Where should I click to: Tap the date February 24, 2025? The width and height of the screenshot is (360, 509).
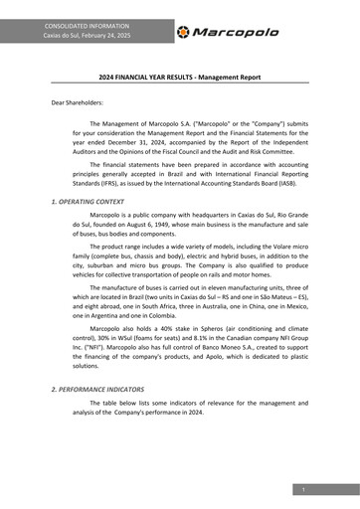[x=104, y=36]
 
